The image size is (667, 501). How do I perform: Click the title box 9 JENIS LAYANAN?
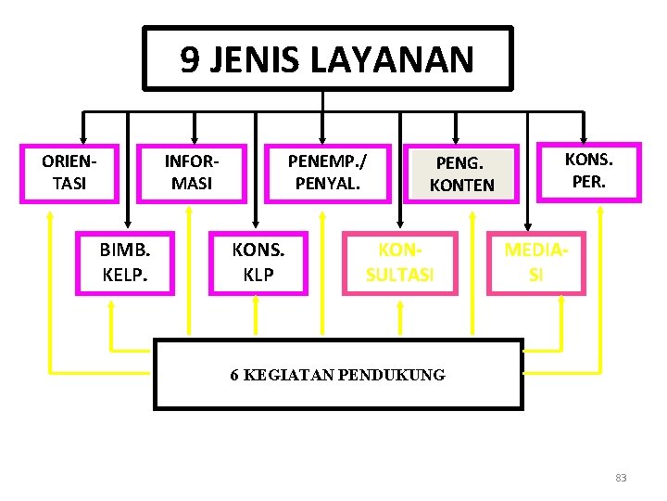click(327, 58)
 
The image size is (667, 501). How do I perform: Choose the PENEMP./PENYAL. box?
click(328, 173)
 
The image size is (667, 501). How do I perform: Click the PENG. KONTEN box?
click(462, 174)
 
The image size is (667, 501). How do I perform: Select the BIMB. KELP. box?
click(124, 264)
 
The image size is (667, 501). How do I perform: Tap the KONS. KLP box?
click(258, 264)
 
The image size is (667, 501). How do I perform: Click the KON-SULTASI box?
click(400, 264)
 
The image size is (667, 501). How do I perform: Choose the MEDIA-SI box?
click(536, 263)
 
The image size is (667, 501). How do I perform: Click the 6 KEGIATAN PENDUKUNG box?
click(337, 375)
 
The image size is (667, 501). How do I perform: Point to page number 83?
click(621, 478)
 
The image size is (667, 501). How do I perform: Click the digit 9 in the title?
click(189, 60)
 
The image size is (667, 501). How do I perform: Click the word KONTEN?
click(462, 185)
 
